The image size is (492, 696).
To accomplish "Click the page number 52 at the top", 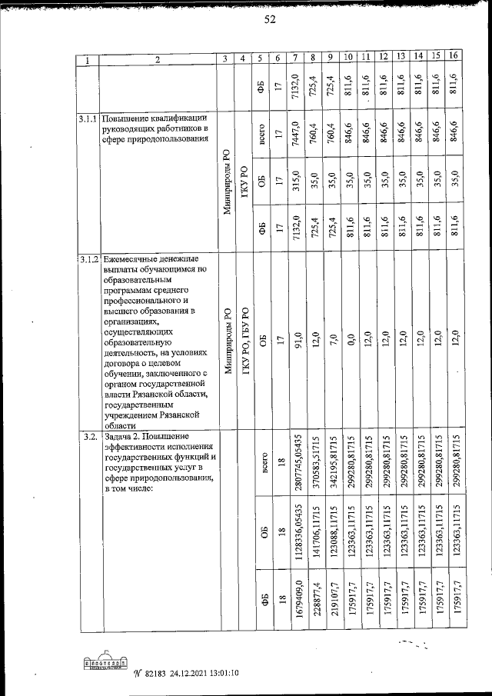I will point(270,20).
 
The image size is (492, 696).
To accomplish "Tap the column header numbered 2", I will point(157,59).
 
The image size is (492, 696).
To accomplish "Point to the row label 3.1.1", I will point(88,119).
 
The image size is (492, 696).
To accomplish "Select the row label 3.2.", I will point(88,437).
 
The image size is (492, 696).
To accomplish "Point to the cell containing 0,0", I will point(348,338).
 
